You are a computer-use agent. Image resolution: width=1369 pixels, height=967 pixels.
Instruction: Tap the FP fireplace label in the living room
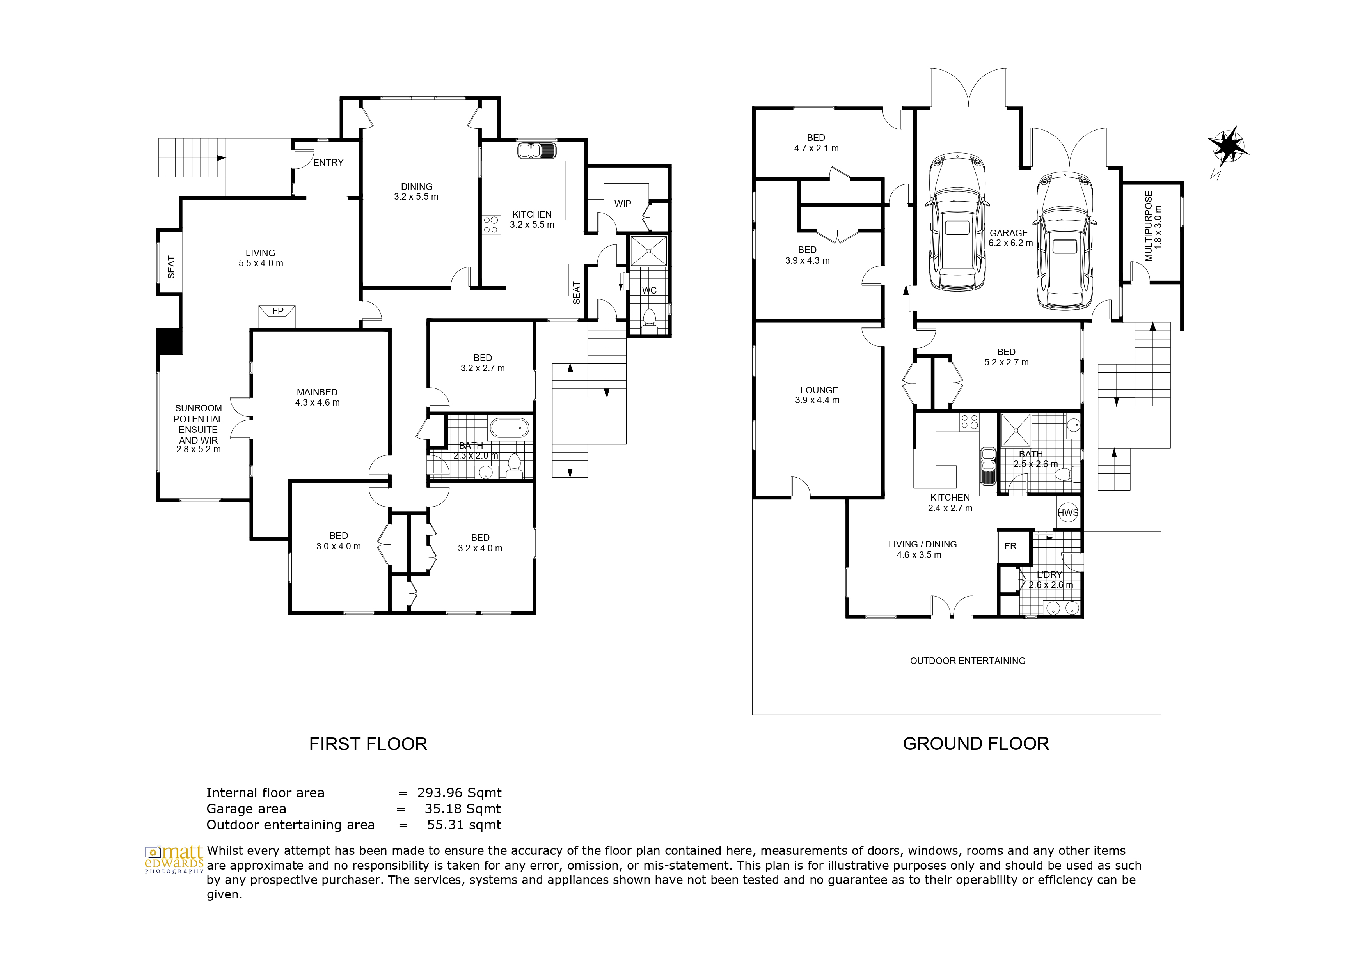[278, 311]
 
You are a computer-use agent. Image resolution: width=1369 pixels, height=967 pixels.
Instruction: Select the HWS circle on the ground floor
[1068, 512]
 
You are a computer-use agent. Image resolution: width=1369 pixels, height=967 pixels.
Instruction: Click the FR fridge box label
[1010, 546]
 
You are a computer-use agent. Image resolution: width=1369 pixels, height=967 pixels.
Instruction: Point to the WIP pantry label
[623, 204]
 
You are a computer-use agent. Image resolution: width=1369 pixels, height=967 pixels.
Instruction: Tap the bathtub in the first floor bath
[509, 428]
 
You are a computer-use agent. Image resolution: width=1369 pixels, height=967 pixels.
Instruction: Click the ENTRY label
[328, 163]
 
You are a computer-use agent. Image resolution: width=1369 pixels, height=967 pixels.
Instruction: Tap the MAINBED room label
[317, 392]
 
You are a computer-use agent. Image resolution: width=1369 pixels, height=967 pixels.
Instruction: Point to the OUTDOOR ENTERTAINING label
[968, 661]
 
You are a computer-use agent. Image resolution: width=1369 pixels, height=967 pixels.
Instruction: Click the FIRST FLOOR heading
[368, 744]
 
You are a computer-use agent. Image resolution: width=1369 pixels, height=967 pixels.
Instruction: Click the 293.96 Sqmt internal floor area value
[459, 793]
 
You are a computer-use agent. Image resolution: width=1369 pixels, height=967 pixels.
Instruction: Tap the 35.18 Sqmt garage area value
[463, 809]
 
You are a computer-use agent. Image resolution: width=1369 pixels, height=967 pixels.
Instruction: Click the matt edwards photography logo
[174, 859]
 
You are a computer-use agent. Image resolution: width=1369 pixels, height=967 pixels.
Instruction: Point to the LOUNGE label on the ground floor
[819, 390]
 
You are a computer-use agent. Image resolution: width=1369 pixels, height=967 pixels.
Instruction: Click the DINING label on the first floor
[417, 186]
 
